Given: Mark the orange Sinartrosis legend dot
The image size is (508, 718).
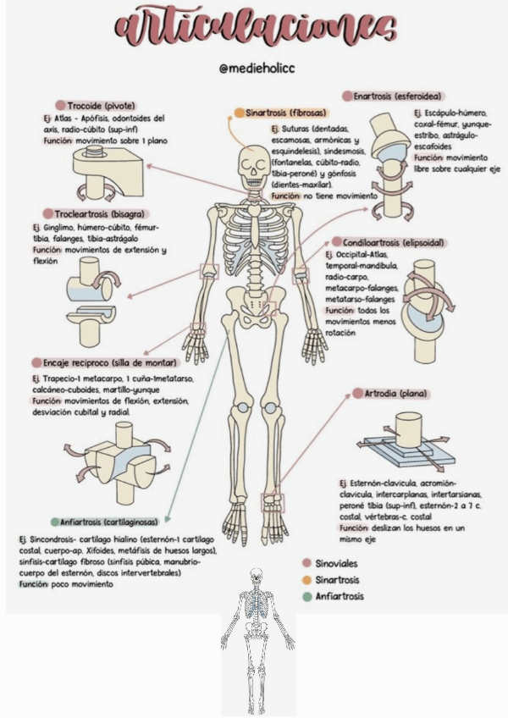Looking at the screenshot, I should (306, 580).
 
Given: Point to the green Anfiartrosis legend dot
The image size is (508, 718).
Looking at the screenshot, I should (306, 597).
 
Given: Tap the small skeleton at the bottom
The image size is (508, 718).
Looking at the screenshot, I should (255, 631).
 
